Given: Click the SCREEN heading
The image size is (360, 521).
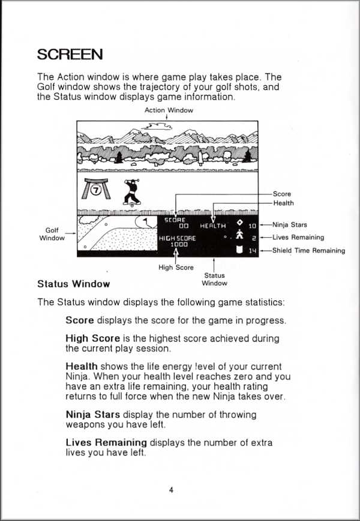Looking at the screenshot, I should tap(70, 54).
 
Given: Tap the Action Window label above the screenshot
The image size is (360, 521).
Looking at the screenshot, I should tap(169, 110).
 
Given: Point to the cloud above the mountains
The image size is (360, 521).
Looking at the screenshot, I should tap(157, 125).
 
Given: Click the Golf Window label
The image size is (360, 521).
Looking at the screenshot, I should tap(52, 234).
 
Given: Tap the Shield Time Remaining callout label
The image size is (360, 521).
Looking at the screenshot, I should tap(308, 250).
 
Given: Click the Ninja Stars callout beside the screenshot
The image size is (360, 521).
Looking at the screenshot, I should tap(290, 225).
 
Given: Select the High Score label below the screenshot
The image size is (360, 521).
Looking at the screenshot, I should tap(176, 267).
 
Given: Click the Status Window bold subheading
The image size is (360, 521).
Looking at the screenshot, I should tap(73, 283).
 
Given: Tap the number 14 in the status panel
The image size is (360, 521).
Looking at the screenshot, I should tap(252, 250).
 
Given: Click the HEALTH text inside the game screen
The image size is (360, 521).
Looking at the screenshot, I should tap(213, 226).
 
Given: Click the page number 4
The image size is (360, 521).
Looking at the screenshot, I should tap(171, 490).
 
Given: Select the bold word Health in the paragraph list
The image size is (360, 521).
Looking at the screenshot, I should tap(81, 366).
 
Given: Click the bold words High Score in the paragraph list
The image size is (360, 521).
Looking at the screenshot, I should tap(92, 339).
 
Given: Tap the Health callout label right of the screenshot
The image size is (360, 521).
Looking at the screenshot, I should tap(283, 203).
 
